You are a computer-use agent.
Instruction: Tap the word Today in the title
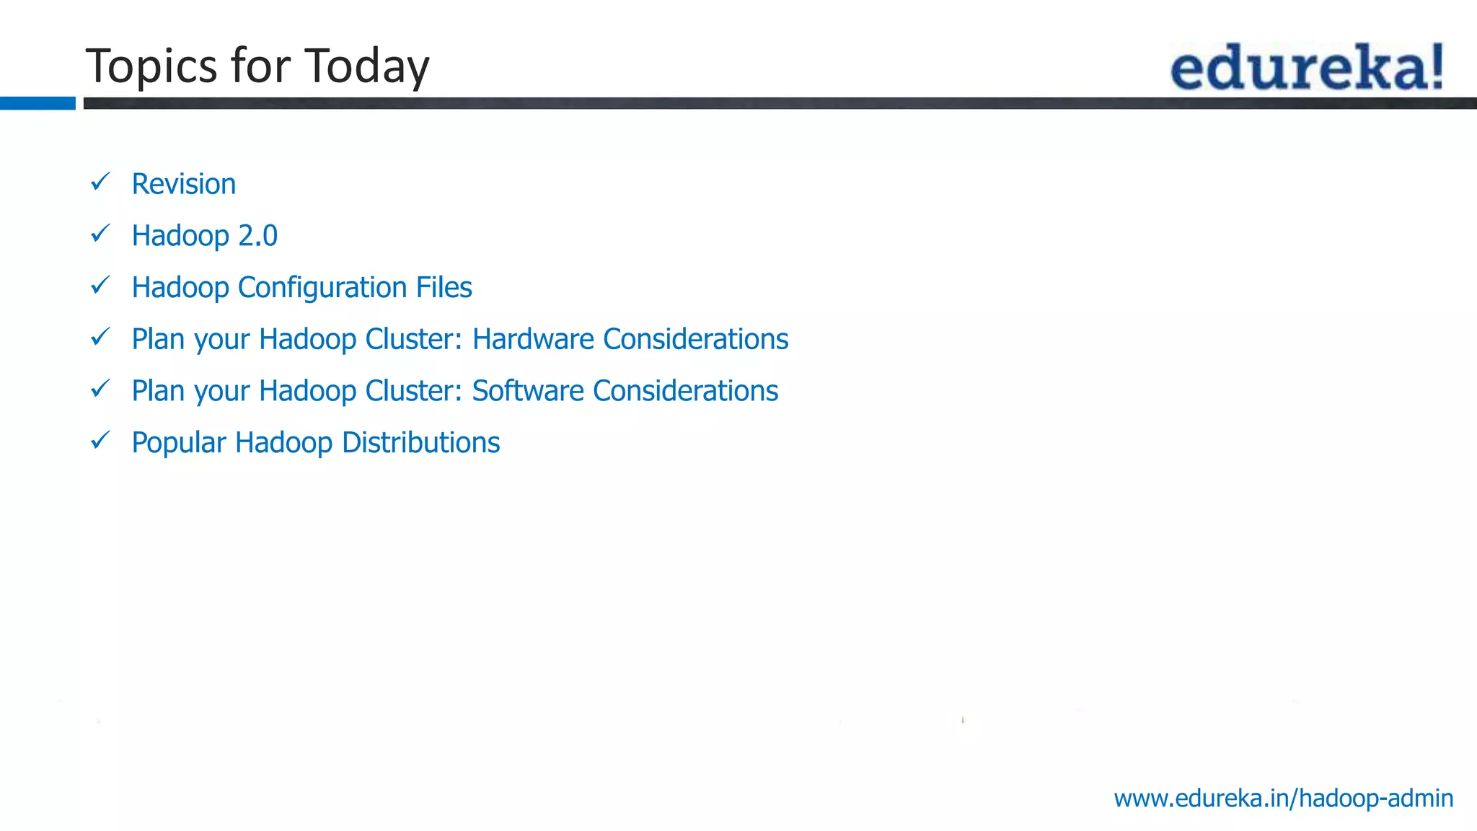367,66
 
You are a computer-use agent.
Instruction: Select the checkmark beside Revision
100,182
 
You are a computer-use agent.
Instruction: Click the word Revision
184,184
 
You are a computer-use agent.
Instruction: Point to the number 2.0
257,236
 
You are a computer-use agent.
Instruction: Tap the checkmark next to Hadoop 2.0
100,234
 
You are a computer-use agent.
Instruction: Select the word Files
444,287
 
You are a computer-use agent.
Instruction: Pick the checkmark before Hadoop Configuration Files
100,286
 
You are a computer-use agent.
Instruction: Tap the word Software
528,391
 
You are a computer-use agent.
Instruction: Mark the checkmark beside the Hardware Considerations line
100,337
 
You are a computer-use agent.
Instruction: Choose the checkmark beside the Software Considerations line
100,389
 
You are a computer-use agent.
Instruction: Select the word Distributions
420,442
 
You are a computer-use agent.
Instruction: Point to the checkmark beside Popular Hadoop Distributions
100,440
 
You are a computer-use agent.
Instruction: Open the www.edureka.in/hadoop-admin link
1283,799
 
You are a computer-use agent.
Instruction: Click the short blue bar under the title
38,103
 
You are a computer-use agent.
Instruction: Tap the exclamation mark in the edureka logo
1437,66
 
